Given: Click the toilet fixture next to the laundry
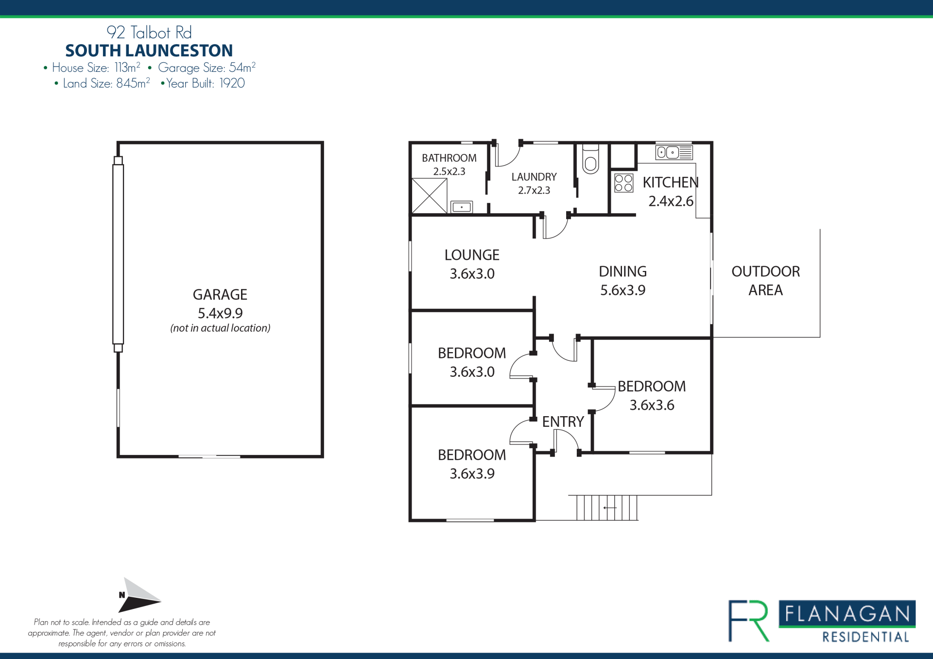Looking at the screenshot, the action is click(590, 159).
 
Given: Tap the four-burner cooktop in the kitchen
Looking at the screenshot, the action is click(623, 183).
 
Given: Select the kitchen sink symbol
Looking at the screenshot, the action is click(674, 152).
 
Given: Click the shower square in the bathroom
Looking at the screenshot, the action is click(429, 196).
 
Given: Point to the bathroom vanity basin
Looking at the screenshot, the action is click(462, 207).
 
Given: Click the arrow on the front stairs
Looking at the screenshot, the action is click(610, 508).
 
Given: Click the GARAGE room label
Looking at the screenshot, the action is click(220, 294).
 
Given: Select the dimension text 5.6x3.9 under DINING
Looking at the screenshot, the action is click(622, 290).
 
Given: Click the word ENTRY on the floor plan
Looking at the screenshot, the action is click(563, 422).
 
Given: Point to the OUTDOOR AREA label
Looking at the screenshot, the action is click(765, 281).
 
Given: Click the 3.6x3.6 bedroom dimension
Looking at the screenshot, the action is click(652, 405).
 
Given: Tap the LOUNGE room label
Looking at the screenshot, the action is click(472, 255).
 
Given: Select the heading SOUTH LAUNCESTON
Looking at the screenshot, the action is click(149, 51).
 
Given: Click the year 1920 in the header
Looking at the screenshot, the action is click(232, 84).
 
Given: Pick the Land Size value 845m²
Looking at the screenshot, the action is click(133, 83).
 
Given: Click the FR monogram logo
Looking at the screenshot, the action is click(749, 621).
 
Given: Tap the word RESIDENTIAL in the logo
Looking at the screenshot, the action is click(865, 637).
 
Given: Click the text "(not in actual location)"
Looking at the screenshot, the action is click(220, 328).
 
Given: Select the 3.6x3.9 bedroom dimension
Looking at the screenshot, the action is click(472, 473).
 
